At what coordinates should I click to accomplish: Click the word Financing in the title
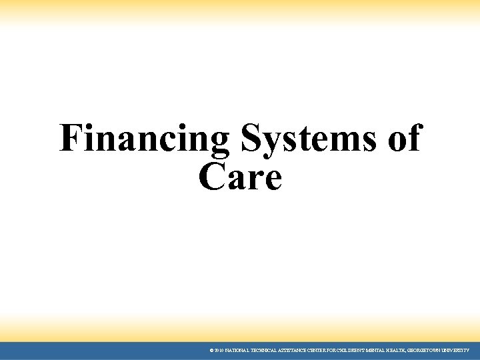pos(144,139)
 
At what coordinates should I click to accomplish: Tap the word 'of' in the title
pos(403,139)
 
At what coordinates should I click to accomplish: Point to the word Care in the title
pos(240,177)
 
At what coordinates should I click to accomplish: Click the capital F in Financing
pos(69,139)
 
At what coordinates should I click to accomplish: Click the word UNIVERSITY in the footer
pos(453,350)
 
